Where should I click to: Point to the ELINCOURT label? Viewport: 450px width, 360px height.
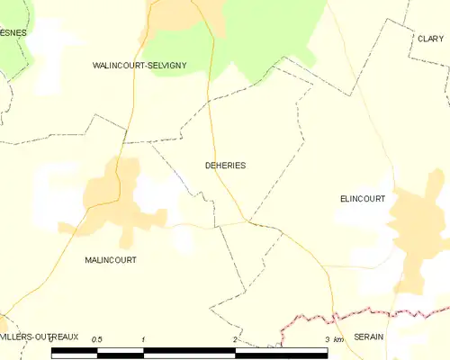pyautogui.click(x=363, y=198)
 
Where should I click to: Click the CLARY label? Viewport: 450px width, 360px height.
pyautogui.click(x=430, y=39)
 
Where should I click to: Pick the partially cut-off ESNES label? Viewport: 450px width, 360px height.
pyautogui.click(x=13, y=32)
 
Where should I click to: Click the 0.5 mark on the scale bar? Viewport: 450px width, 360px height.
pyautogui.click(x=97, y=338)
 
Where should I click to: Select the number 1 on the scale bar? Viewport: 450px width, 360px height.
pyautogui.click(x=144, y=339)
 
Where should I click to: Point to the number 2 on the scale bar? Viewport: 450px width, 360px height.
pyautogui.click(x=236, y=339)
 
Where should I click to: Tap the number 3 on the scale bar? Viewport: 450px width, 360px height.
pyautogui.click(x=326, y=339)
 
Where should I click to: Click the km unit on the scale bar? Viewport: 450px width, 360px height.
pyautogui.click(x=338, y=339)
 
